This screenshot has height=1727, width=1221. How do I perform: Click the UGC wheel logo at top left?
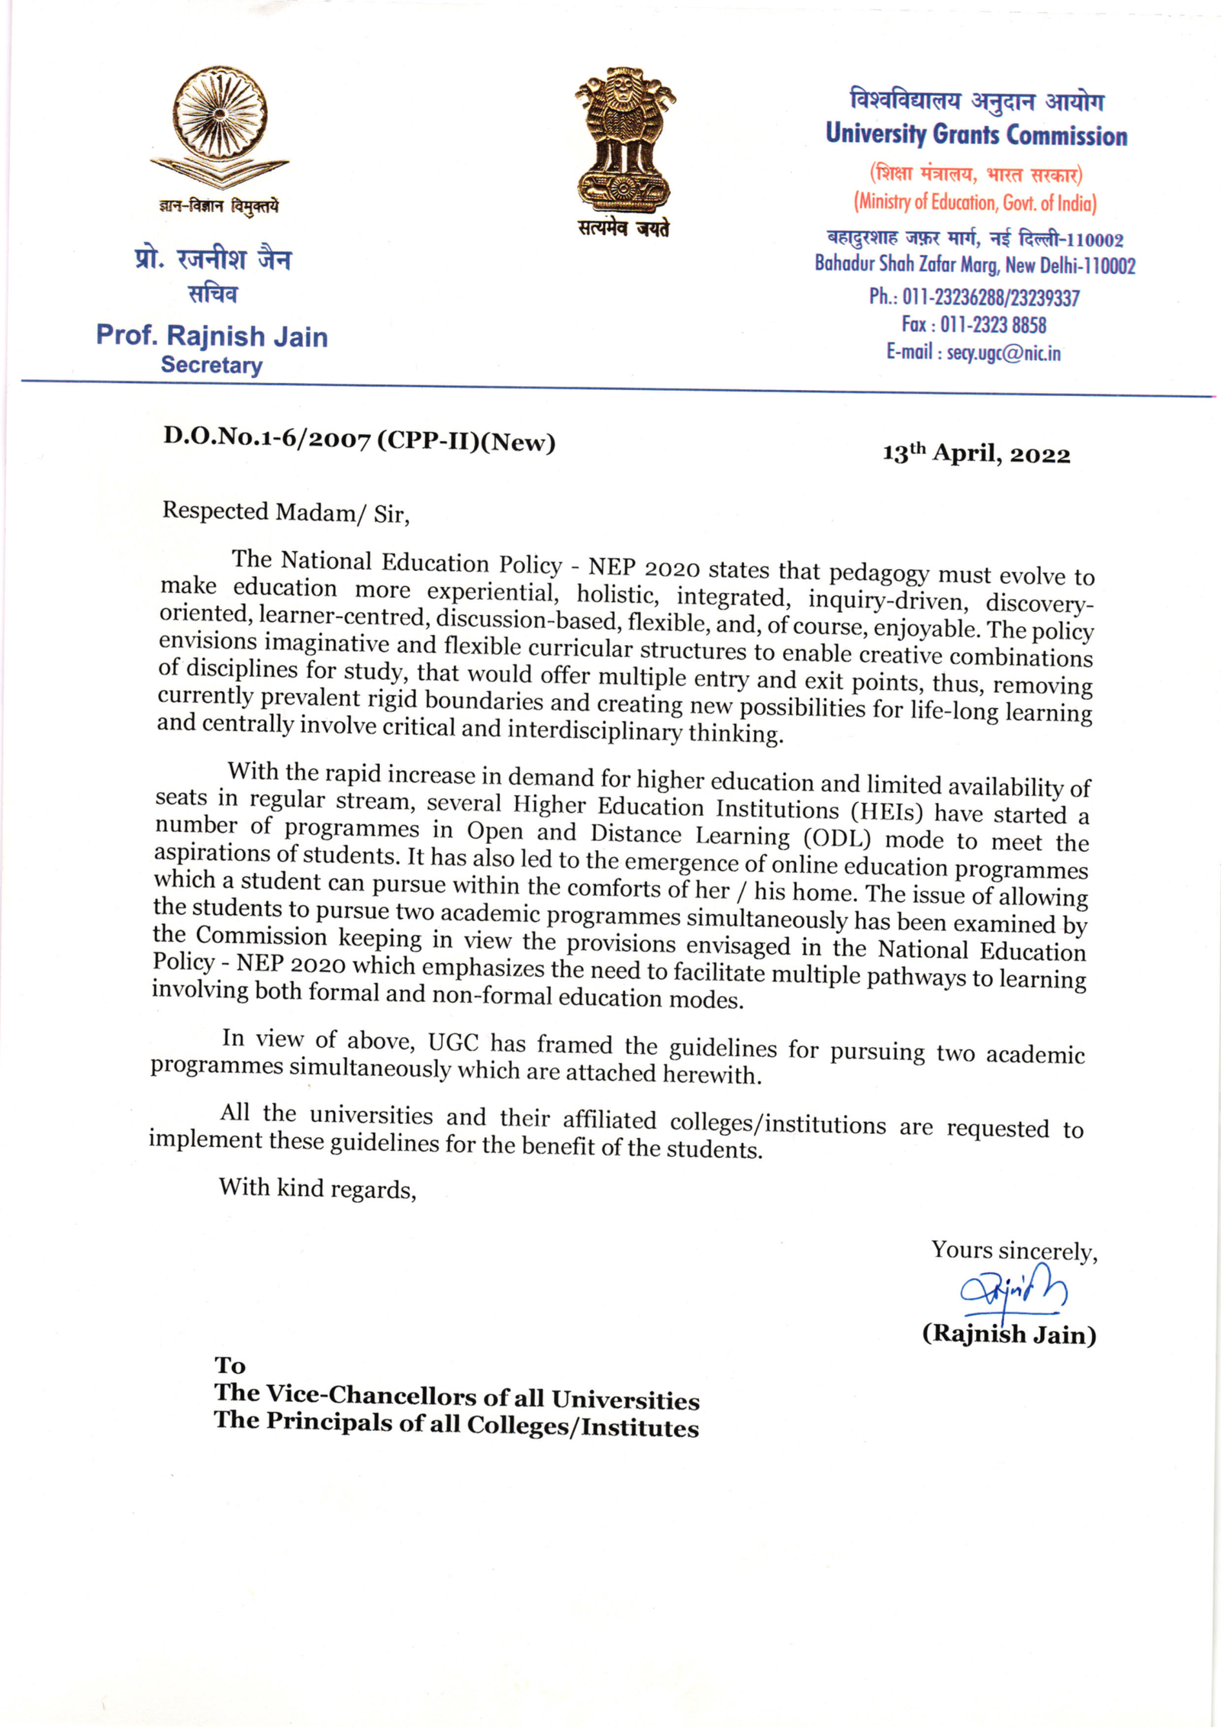pyautogui.click(x=220, y=126)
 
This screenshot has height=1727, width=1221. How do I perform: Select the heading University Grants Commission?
pyautogui.click(x=976, y=134)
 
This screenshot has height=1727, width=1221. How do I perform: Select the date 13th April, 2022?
pyautogui.click(x=976, y=454)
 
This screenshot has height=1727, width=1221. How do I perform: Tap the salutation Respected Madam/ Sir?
pyautogui.click(x=285, y=512)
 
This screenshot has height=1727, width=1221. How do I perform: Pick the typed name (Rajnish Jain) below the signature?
pyautogui.click(x=1009, y=1333)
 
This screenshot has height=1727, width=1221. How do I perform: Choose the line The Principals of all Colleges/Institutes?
pyautogui.click(x=456, y=1424)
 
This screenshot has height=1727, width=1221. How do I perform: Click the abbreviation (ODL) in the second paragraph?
pyautogui.click(x=836, y=838)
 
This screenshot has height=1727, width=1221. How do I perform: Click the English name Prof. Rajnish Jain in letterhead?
pyautogui.click(x=211, y=336)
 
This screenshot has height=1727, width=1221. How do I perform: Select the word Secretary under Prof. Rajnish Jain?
pyautogui.click(x=211, y=365)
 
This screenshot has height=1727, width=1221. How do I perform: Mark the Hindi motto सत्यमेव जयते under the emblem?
pyautogui.click(x=623, y=227)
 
